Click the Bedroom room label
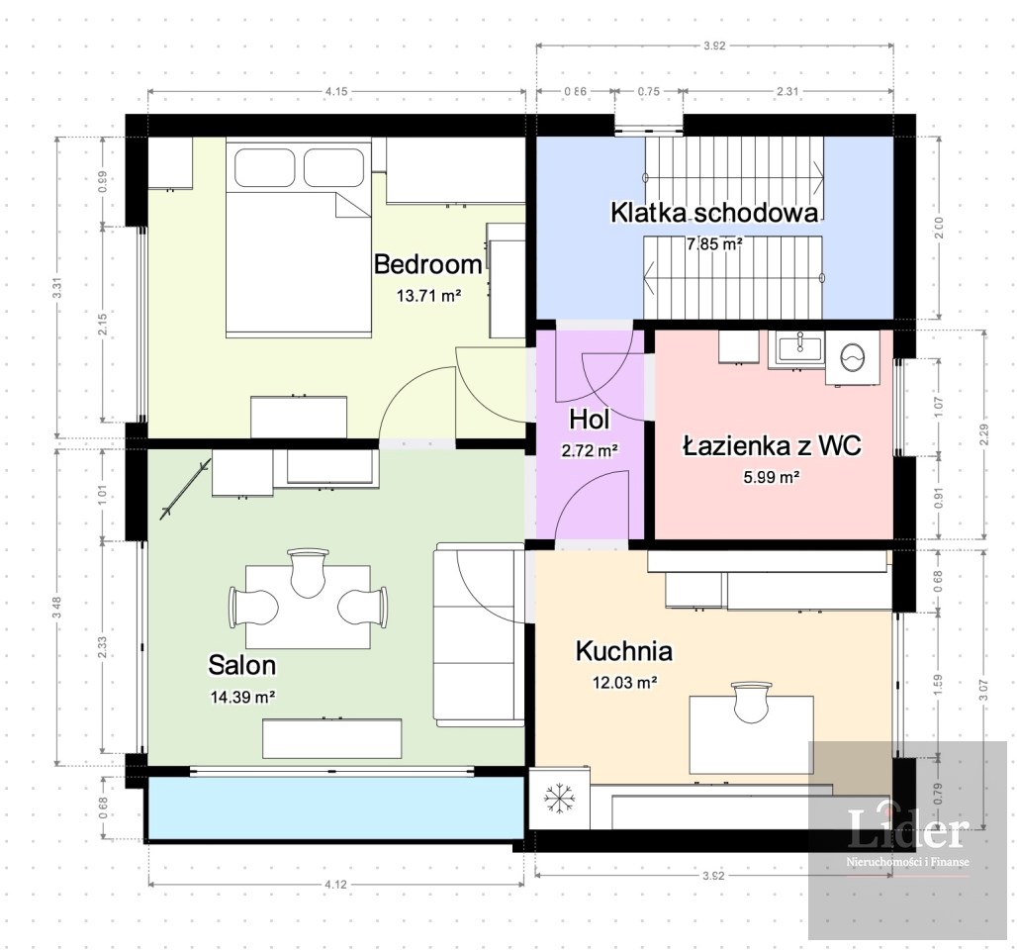428,264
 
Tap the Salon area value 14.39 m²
242,697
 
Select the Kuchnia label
624,651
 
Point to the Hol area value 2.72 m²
590,449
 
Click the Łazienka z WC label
772,445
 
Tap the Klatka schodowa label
714,213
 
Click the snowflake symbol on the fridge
559,798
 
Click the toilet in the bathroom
852,357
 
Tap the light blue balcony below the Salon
336,807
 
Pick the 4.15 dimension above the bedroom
336,91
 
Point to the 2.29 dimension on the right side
984,434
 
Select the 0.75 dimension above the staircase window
649,91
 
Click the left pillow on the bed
264,168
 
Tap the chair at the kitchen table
752,701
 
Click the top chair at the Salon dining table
308,572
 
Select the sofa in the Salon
479,634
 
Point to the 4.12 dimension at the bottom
335,884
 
